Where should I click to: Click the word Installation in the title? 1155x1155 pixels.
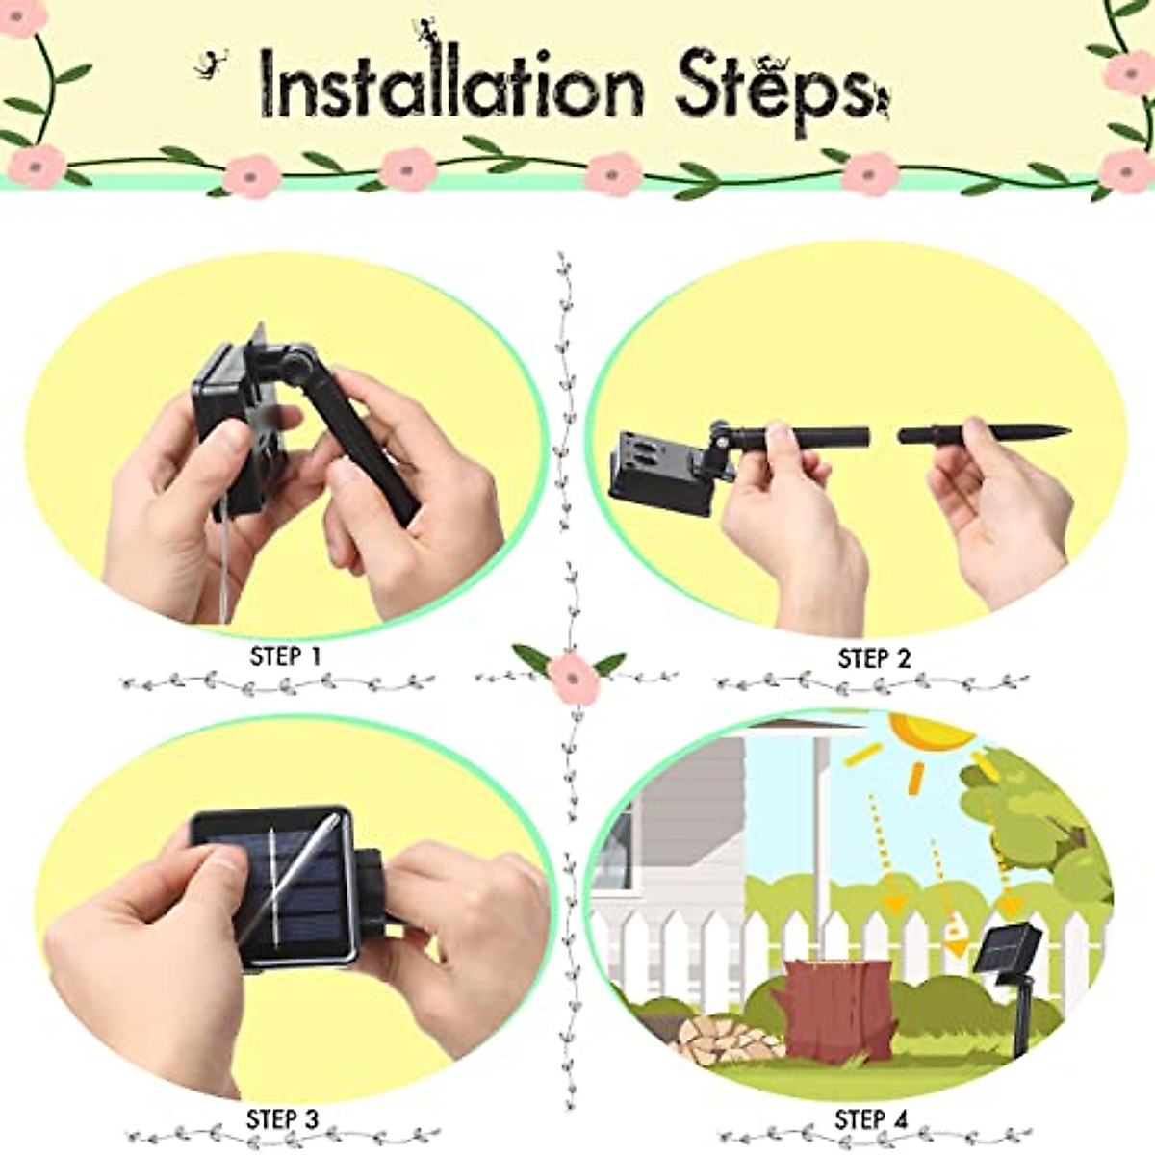[452, 89]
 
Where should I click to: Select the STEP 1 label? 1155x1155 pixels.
[285, 657]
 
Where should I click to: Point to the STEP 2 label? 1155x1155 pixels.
[874, 659]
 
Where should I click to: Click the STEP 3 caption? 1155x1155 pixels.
[282, 1120]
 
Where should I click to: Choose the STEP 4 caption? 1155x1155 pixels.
[871, 1120]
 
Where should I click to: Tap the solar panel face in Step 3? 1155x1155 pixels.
[274, 885]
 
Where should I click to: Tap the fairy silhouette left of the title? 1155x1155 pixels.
[210, 65]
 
